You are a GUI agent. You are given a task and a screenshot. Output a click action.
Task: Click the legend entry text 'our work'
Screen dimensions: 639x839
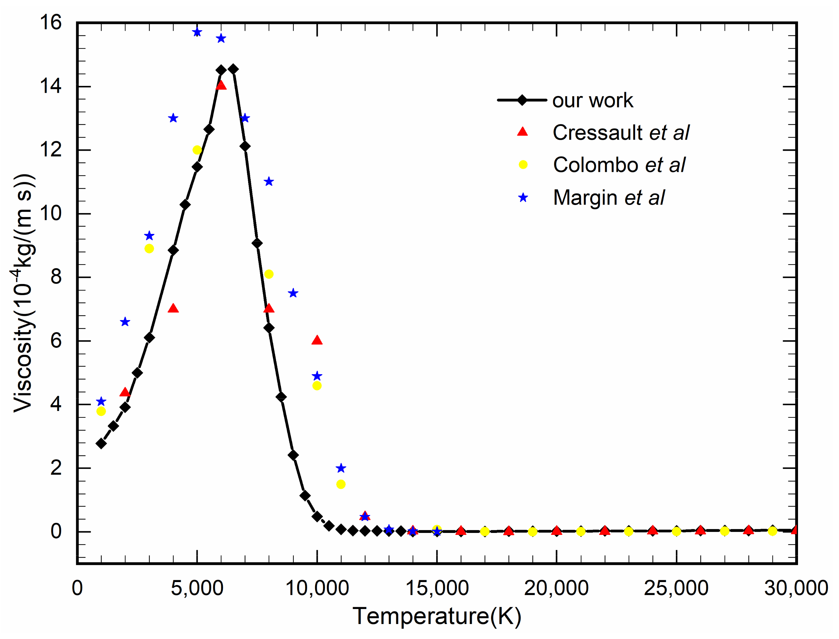pyautogui.click(x=592, y=101)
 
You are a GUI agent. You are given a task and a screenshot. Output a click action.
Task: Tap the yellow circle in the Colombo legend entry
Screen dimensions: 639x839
pyautogui.click(x=523, y=165)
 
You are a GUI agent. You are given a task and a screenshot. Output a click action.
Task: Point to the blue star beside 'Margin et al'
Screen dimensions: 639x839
pyautogui.click(x=523, y=197)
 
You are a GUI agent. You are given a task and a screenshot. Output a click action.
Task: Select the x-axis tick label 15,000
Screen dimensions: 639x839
pyautogui.click(x=437, y=588)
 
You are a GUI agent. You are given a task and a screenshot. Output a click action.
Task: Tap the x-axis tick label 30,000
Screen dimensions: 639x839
pyautogui.click(x=796, y=588)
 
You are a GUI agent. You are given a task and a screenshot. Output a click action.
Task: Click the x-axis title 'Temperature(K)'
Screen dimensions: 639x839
pyautogui.click(x=437, y=617)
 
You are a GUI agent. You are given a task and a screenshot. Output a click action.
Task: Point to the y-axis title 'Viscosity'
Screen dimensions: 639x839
pyautogui.click(x=23, y=293)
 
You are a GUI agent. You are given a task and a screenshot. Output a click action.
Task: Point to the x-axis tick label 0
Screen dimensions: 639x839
pyautogui.click(x=77, y=588)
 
